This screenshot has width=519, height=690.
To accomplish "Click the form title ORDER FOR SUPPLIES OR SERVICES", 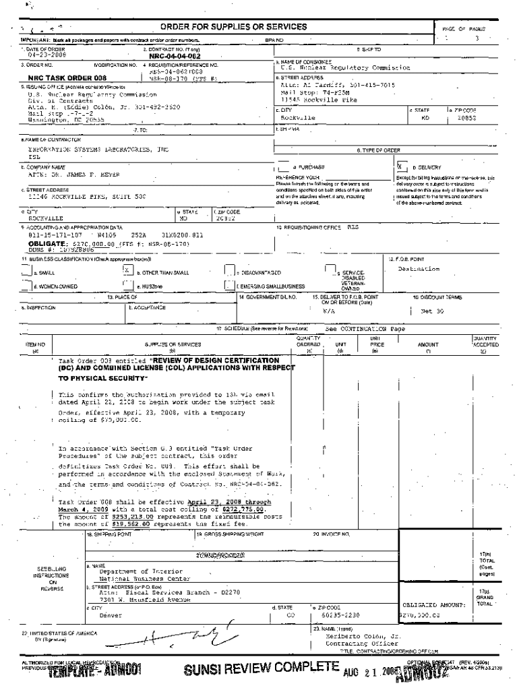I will [x=233, y=26].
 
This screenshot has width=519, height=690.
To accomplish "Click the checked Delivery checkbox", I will [x=402, y=166].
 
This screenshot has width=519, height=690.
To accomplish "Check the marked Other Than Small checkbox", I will [x=127, y=270].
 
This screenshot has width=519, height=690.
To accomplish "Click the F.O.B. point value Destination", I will [x=419, y=268].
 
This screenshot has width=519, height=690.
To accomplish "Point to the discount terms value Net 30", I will [x=431, y=312].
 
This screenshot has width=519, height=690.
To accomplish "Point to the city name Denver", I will [x=111, y=615].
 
